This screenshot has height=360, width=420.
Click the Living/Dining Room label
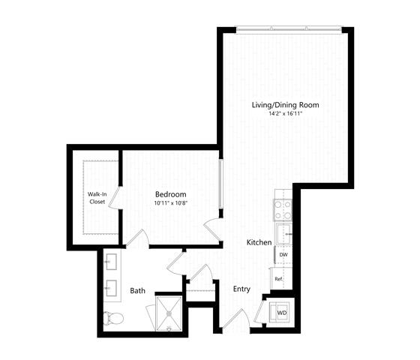(x=285, y=105)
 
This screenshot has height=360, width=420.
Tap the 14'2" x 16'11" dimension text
(x=286, y=113)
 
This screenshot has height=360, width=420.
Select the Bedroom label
(x=171, y=194)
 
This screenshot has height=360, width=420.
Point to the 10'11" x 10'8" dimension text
(x=171, y=203)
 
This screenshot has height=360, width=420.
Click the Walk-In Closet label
(x=97, y=198)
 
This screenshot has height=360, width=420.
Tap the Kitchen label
(x=259, y=242)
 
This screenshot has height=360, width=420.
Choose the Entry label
(x=241, y=289)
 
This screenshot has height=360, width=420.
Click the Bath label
(x=138, y=291)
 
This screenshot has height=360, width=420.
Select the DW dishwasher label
(x=283, y=255)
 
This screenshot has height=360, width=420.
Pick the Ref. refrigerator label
(x=279, y=279)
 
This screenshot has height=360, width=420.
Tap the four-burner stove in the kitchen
(x=283, y=210)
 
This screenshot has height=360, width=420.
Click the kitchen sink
(x=284, y=234)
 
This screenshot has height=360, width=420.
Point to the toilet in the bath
(x=113, y=319)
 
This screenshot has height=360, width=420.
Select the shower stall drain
(x=169, y=313)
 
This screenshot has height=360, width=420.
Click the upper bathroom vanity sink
(x=112, y=262)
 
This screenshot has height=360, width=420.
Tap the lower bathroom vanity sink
(x=112, y=288)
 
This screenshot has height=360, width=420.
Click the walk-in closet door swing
(x=114, y=197)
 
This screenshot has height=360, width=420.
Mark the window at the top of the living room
(x=289, y=28)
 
